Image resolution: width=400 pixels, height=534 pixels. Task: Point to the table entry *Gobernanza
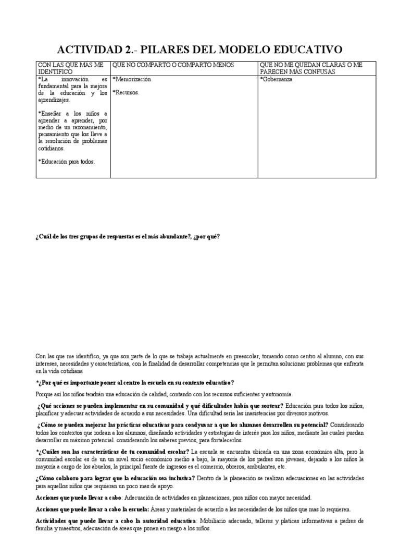pos(276,79)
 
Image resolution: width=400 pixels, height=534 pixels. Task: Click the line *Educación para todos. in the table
pos(66,161)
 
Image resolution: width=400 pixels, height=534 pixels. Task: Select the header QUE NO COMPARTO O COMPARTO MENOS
pos(173,65)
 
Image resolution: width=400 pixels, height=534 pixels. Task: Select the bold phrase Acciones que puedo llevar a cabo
pos(74,497)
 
